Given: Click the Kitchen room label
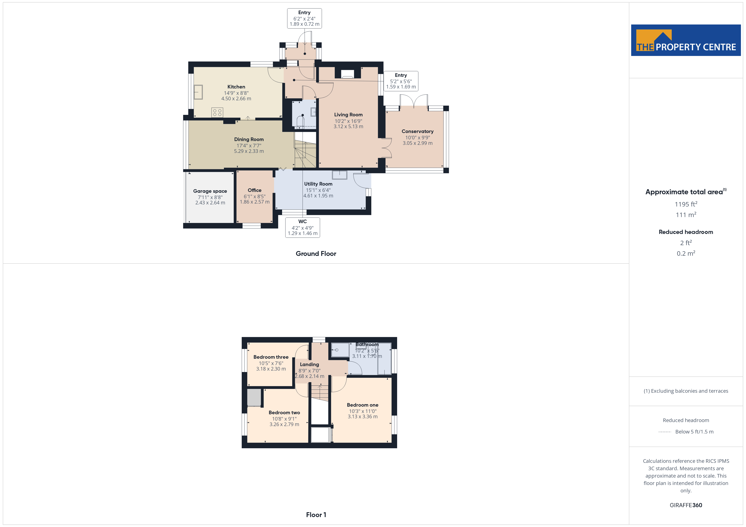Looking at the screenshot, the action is click(236, 87).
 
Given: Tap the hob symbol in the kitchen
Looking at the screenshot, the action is click(217, 112).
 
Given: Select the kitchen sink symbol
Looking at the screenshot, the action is click(198, 92).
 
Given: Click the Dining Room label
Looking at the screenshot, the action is click(249, 139).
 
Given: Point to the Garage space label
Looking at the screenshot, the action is click(210, 191).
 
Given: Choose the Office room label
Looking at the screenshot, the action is click(254, 190).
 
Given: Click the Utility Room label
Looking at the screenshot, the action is click(318, 184).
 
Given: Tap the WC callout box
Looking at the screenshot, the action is click(303, 227).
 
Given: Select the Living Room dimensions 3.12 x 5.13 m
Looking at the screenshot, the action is click(348, 126).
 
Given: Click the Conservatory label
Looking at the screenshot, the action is click(418, 131).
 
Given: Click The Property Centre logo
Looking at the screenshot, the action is click(686, 40).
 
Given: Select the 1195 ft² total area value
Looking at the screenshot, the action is click(686, 204).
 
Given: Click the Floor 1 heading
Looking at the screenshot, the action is click(316, 515).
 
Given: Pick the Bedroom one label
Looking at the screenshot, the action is click(363, 405).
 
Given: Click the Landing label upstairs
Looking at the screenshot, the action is click(309, 364).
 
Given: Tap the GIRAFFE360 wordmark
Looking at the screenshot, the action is click(686, 505).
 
